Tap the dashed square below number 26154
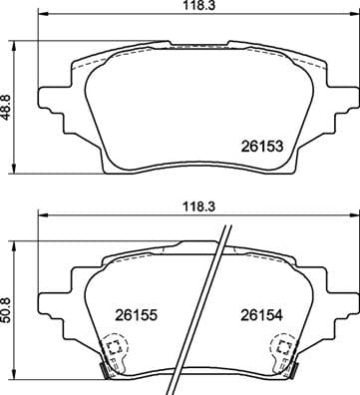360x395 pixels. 282,349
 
